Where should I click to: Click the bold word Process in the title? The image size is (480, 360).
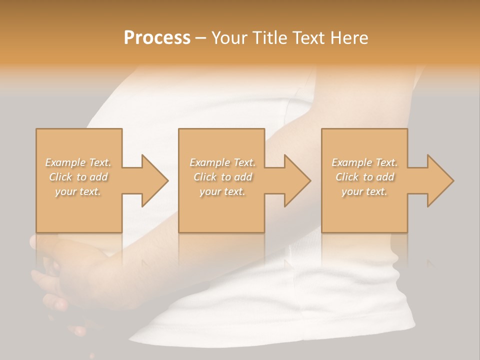pos(157,38)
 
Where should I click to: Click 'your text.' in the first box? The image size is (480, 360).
pos(78,191)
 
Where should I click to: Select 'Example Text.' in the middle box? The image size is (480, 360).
pos(222,162)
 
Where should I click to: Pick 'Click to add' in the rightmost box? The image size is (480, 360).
pos(365,177)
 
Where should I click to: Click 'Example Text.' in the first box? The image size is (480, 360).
pos(78,162)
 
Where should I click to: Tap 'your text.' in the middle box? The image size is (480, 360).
pos(222,191)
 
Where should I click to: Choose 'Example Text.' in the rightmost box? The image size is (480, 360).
pos(365,162)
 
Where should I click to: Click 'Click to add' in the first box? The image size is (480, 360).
pos(78,177)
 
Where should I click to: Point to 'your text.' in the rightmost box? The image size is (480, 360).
pos(365,191)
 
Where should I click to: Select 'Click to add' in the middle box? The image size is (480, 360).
pos(222,177)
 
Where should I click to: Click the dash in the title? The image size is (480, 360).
pos(201,38)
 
